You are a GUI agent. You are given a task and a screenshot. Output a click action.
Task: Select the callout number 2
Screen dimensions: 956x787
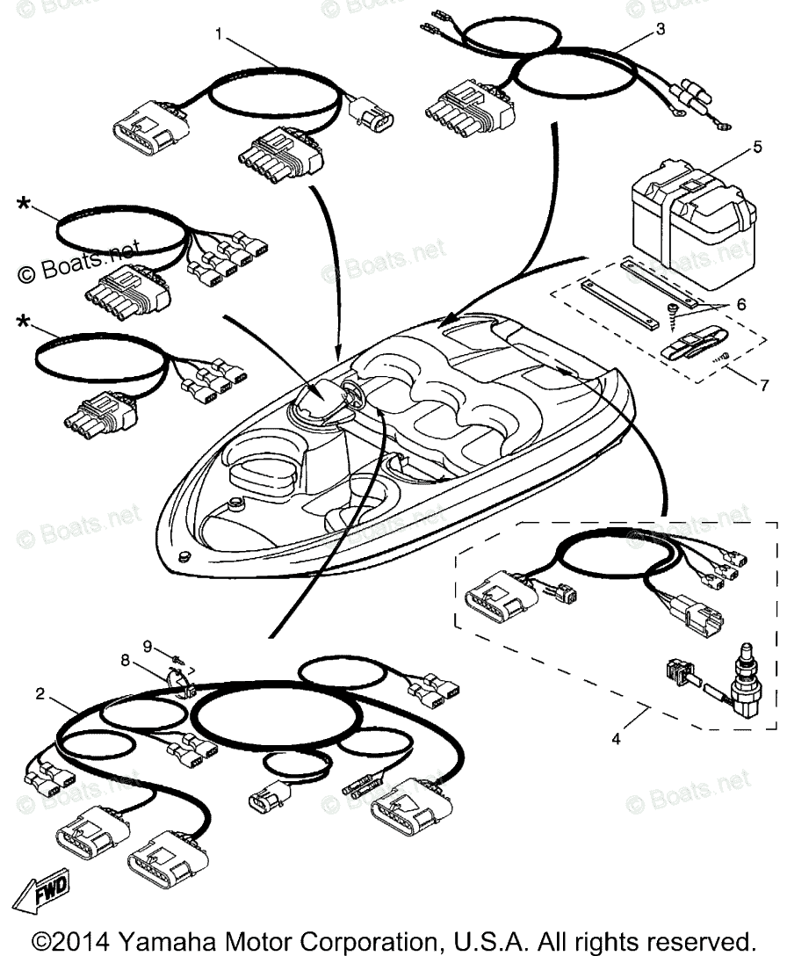pos(40,693)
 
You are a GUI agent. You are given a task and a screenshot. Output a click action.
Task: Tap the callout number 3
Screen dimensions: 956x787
pos(661,29)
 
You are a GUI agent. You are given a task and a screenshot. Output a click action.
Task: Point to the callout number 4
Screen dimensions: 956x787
pos(616,739)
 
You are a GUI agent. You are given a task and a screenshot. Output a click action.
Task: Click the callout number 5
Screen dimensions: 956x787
pos(757,148)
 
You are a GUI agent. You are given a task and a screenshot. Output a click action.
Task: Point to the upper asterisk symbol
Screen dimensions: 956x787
pos(24,206)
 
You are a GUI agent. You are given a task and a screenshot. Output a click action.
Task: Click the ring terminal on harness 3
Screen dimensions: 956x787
pos(722,127)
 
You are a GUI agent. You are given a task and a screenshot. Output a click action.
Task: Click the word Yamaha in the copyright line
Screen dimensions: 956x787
pos(162,938)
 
